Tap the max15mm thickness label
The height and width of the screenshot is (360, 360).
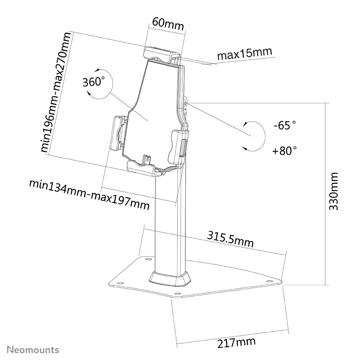245,54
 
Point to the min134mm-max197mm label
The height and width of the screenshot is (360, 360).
89,195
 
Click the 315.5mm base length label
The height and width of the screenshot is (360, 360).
230,240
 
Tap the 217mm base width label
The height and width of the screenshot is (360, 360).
236,342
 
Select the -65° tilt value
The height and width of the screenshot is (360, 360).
284,125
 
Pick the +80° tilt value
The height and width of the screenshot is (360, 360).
284,150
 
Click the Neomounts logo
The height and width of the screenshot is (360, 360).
33,350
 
